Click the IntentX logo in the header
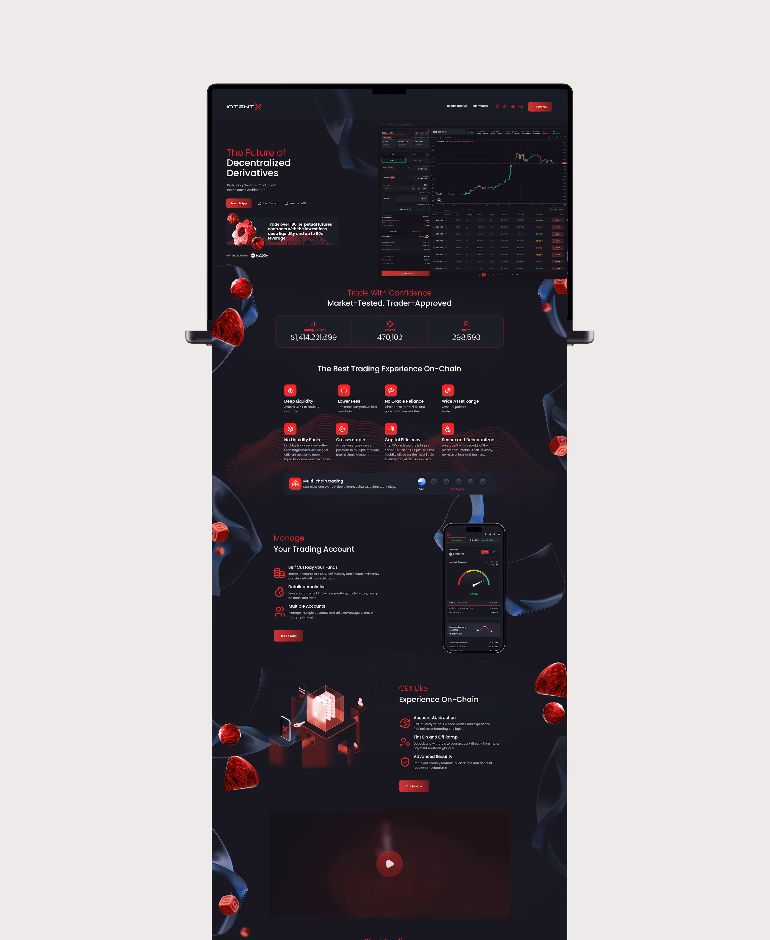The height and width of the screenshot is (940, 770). click(244, 106)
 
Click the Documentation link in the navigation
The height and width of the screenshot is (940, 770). click(457, 106)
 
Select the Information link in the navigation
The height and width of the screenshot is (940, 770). click(480, 106)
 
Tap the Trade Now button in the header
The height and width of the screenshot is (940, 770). click(540, 106)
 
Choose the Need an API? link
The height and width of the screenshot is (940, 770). click(295, 203)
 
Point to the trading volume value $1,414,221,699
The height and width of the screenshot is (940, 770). click(314, 338)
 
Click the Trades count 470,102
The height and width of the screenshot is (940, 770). click(389, 338)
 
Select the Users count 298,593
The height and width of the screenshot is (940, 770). click(466, 338)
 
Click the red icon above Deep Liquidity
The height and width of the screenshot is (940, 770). click(290, 390)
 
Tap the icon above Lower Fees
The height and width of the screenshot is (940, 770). click(344, 390)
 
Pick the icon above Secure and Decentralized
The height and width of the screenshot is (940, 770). click(448, 429)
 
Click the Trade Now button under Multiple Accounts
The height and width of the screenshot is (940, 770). click(288, 636)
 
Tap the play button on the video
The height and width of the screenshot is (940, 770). click(389, 864)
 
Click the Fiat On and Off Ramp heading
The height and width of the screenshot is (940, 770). click(435, 737)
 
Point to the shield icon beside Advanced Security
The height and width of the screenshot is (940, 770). click(404, 762)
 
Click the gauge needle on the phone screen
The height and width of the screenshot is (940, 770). click(478, 583)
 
